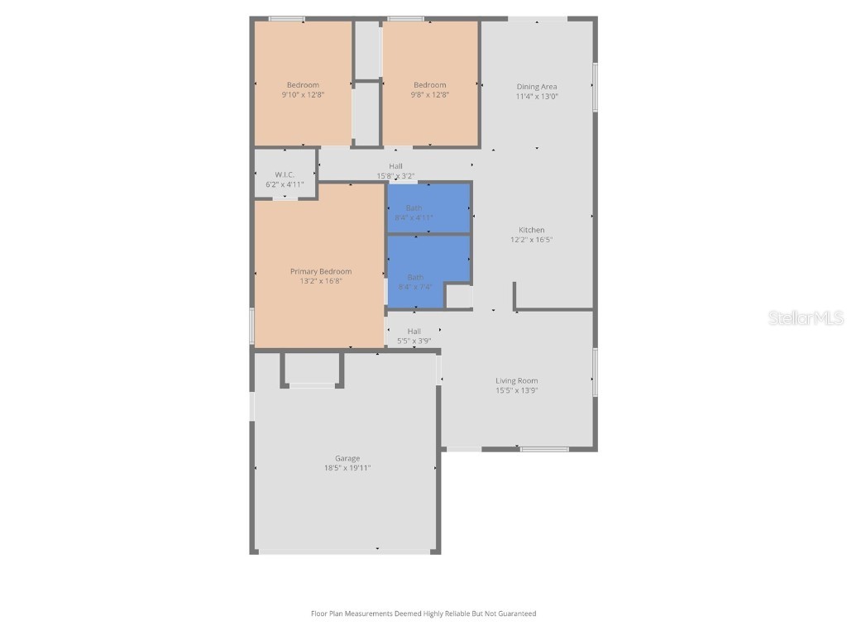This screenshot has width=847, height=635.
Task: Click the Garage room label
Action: click(347, 458)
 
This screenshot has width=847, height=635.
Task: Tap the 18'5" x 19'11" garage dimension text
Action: click(347, 468)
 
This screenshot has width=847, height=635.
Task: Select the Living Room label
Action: click(517, 381)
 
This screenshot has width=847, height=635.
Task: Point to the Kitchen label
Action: click(532, 230)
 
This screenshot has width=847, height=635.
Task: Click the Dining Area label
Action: click(537, 87)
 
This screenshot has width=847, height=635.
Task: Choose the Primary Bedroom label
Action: click(321, 271)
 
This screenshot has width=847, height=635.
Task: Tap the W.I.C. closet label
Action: click(285, 174)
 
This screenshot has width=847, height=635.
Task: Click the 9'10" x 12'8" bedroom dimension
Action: click(303, 95)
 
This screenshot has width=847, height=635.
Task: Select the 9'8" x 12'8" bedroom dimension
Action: click(430, 95)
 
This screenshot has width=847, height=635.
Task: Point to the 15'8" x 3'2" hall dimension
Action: click(396, 176)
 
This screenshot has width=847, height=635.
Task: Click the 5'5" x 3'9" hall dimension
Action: click(414, 341)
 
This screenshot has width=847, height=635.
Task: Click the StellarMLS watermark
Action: click(806, 318)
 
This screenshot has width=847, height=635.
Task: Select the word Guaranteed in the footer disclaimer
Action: click(518, 614)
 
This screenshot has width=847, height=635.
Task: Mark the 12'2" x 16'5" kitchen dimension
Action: click(531, 240)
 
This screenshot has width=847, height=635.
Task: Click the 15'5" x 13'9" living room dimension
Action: click(517, 391)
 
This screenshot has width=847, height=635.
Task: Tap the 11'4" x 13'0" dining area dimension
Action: click(537, 97)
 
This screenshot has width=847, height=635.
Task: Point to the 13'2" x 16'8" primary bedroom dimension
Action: click(321, 281)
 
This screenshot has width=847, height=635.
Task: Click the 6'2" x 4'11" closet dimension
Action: click(285, 184)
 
